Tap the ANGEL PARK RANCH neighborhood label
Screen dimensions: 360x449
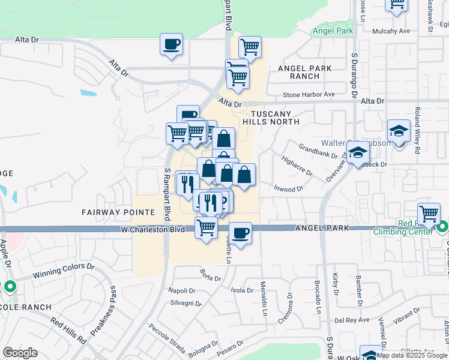click(x=304, y=73)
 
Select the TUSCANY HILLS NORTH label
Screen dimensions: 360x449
click(x=271, y=118)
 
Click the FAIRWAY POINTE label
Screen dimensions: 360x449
click(x=111, y=212)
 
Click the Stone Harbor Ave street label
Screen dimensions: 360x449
click(x=309, y=95)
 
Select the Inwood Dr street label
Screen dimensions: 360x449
click(x=289, y=189)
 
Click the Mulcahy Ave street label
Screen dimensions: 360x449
click(x=391, y=31)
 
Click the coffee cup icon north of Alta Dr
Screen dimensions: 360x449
click(x=171, y=44)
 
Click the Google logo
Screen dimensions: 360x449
click(x=20, y=353)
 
